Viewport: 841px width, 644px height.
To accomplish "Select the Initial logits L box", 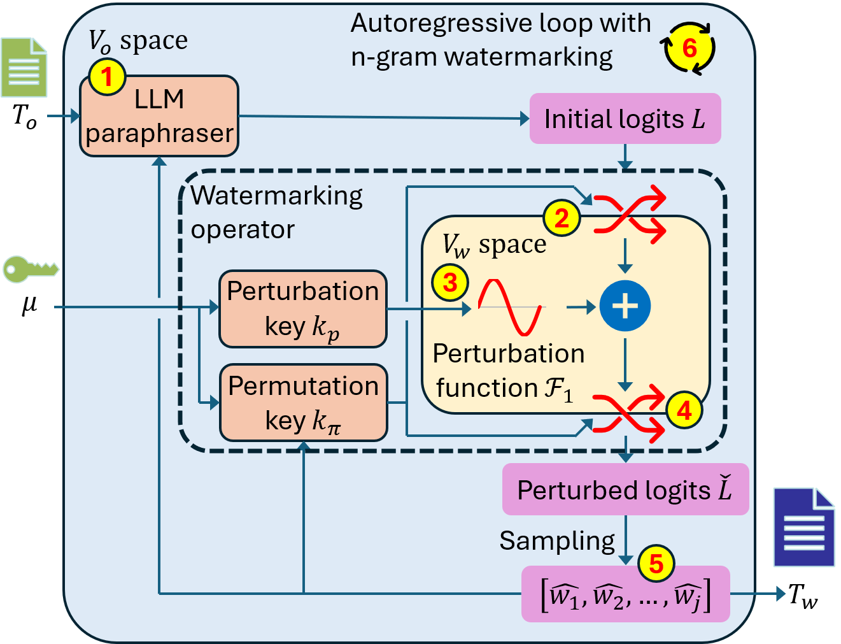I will tap(625, 119).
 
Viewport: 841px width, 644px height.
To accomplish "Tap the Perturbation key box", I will tap(303, 309).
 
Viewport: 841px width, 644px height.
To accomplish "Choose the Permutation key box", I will tap(303, 403).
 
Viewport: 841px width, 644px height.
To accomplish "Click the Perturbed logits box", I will tap(625, 490).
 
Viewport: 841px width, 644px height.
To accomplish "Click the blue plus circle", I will tap(625, 306).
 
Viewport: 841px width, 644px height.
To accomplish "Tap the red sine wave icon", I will tap(510, 307).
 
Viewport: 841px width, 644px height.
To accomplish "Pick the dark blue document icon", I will tap(803, 527).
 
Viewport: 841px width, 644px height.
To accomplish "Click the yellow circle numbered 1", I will tap(107, 77).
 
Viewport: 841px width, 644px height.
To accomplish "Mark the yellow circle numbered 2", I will tap(562, 218).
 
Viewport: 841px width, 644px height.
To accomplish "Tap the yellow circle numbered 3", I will tap(450, 282).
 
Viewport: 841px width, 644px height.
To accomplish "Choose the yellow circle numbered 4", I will tap(684, 410).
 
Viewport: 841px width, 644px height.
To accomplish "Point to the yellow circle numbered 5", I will tap(656, 563).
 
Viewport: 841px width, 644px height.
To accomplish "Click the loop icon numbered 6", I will tap(689, 48).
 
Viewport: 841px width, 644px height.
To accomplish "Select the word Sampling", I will tap(557, 541).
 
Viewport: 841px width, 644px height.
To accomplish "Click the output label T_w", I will tap(802, 596).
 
